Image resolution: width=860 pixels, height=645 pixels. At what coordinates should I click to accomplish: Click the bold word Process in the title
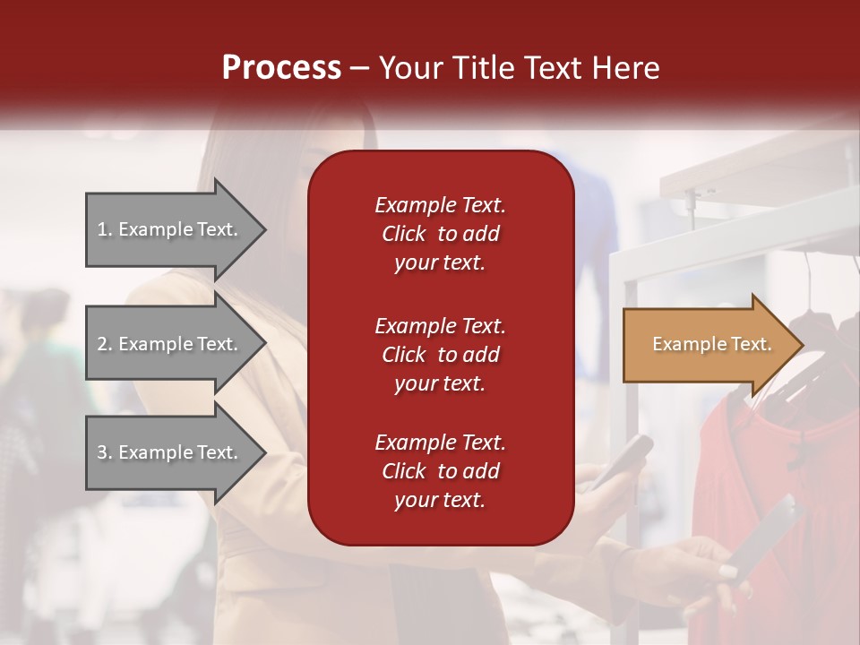[x=281, y=68]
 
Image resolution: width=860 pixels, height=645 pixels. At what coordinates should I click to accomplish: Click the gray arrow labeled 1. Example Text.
[x=170, y=229]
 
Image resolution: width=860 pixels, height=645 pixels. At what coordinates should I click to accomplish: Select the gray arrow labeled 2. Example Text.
[x=170, y=344]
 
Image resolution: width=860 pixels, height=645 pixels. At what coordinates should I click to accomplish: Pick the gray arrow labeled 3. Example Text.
[x=170, y=452]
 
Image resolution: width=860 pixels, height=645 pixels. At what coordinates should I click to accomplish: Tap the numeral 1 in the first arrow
[x=102, y=229]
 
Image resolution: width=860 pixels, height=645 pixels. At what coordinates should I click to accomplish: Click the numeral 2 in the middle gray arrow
[x=102, y=344]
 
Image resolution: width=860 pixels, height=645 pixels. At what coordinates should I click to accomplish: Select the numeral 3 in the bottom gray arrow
[x=102, y=452]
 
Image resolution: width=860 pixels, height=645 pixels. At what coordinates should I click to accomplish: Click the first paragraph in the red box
[x=440, y=233]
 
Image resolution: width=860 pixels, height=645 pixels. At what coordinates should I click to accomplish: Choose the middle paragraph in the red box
[x=440, y=354]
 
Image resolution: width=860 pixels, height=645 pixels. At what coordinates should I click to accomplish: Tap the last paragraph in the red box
[x=440, y=471]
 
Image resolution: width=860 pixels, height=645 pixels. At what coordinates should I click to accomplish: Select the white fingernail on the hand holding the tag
[x=727, y=571]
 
